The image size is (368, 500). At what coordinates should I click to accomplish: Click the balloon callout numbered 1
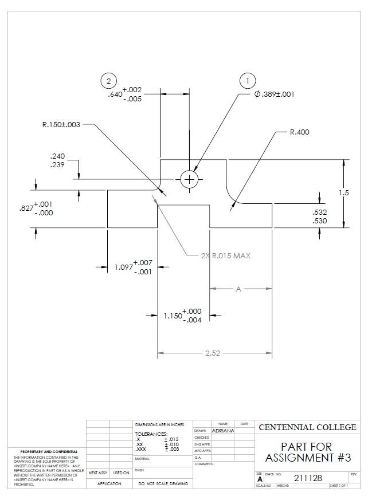coord(247,81)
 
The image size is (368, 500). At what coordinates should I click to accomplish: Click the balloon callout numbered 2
coord(108,81)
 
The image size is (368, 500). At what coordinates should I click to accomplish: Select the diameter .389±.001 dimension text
coord(274,94)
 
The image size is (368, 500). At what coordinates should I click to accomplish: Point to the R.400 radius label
coord(299,132)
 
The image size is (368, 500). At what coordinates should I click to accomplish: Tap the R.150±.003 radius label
coord(61,124)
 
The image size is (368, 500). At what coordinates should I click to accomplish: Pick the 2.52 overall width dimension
coord(213,353)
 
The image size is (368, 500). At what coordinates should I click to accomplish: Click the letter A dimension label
coord(238,289)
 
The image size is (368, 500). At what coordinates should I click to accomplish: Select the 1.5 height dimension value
coord(343,192)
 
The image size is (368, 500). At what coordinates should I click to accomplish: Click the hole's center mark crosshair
coord(189,180)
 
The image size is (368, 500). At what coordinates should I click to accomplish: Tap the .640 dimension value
coord(115,95)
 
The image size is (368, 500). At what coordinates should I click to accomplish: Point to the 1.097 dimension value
coord(123,267)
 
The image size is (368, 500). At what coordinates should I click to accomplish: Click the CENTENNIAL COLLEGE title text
coord(307,427)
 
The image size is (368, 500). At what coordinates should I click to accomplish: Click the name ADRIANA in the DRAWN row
coord(223,430)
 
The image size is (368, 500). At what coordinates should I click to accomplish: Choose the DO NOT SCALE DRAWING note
coord(163,484)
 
